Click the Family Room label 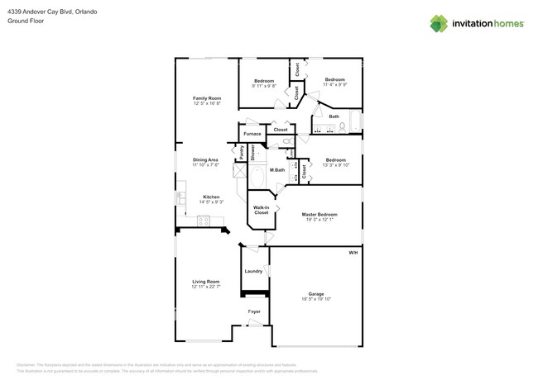coord(207,97)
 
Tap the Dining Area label coord(205,159)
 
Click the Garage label coord(316,293)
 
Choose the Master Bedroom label coord(319,214)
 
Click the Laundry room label coord(253,271)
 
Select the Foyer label coord(254,311)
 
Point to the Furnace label coord(252,134)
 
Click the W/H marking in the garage coord(353,252)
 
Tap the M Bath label coord(277,170)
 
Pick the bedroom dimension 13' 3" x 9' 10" coord(335,165)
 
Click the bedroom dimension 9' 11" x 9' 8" coord(263,85)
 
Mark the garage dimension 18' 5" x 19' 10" coord(316,299)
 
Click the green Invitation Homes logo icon coord(439,24)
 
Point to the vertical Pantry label coord(242,152)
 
